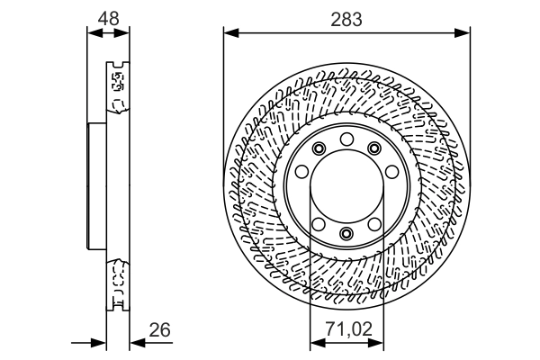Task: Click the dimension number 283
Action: click(346, 19)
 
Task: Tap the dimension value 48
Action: click(109, 18)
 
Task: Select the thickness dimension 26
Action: click(160, 330)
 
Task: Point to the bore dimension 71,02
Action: click(349, 328)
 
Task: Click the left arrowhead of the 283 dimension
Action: click(231, 33)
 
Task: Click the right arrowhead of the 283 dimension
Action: click(463, 33)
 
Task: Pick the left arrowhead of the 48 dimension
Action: click(95, 33)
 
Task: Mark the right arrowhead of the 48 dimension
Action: click(121, 33)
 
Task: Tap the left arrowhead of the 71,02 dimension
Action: click(318, 343)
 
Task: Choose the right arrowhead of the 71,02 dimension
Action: click(375, 343)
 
